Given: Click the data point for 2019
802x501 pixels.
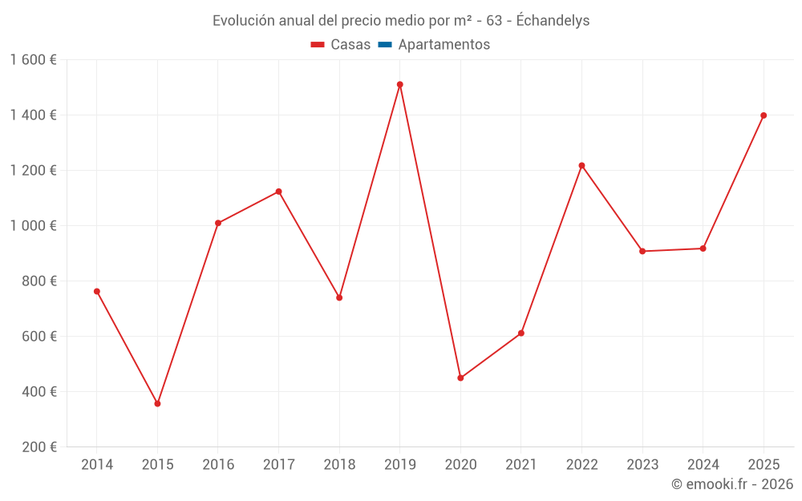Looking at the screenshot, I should (399, 84).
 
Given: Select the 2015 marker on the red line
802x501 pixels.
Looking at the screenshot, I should (157, 403).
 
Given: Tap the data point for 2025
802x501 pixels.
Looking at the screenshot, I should (764, 115).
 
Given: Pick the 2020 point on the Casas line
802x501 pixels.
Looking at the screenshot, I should (460, 378).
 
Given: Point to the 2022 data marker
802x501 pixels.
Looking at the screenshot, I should (581, 166).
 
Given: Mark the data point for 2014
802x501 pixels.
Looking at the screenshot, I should (97, 291).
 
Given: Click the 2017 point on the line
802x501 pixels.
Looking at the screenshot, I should (278, 192).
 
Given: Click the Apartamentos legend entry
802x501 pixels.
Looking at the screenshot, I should (444, 45).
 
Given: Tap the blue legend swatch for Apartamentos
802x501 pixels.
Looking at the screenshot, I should (384, 45).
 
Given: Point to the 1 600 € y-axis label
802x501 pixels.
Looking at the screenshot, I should (33, 60).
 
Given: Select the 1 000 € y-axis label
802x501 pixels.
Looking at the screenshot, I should (33, 226).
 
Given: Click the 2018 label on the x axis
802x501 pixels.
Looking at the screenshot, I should (339, 465).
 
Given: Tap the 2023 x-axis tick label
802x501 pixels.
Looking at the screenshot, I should (642, 465).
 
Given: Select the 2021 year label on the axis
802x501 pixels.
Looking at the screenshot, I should (521, 465).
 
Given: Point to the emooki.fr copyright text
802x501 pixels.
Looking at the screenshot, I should (732, 484).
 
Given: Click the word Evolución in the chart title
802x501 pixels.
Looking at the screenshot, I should (242, 21).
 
